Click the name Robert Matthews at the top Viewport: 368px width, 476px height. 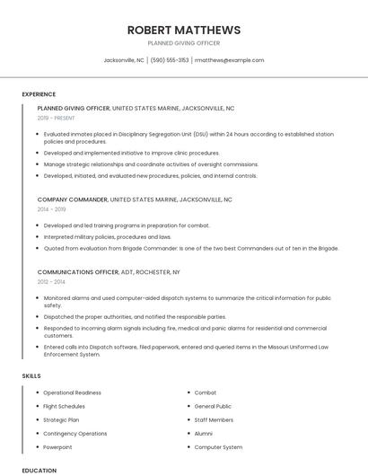pyautogui.click(x=183, y=30)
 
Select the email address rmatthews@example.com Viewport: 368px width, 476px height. pyautogui.click(x=229, y=60)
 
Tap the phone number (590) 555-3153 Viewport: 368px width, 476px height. pyautogui.click(x=169, y=60)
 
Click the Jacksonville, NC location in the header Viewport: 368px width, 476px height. pyautogui.click(x=124, y=60)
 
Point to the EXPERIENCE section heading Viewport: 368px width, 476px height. pyautogui.click(x=39, y=94)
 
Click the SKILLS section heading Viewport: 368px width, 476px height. pyautogui.click(x=31, y=375)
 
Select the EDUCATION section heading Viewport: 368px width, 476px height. pyautogui.click(x=39, y=470)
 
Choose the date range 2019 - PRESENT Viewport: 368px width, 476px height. pyautogui.click(x=57, y=118)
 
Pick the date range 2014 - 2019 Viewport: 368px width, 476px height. pyautogui.click(x=51, y=209)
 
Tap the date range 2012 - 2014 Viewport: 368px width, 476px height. pyautogui.click(x=51, y=281)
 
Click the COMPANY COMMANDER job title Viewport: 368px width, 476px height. pyautogui.click(x=73, y=199)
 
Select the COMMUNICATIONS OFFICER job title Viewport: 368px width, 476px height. pyautogui.click(x=78, y=271)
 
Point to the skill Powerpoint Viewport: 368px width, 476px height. pyautogui.click(x=57, y=446)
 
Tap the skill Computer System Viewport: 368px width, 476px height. pyautogui.click(x=218, y=446)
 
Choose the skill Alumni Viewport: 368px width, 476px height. pyautogui.click(x=205, y=433)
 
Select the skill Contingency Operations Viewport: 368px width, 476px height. pyautogui.click(x=74, y=433)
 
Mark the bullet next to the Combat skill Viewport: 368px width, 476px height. pyautogui.click(x=188, y=392)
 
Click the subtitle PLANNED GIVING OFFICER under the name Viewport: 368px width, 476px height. pyautogui.click(x=183, y=43)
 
